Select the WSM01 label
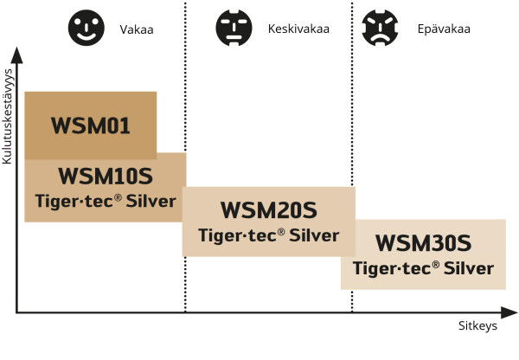(90, 126)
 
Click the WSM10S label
(105, 177)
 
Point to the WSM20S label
(268, 210)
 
